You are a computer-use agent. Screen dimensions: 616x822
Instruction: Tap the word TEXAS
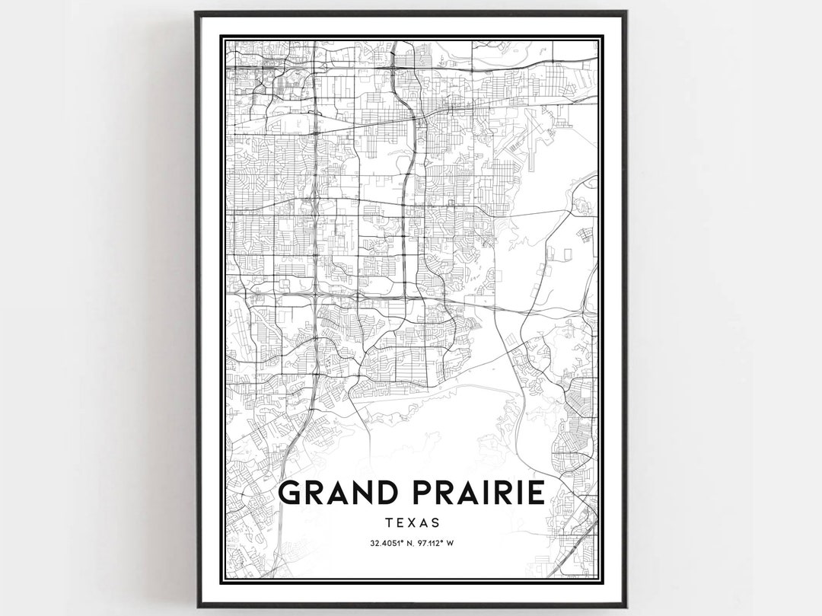pos(412,523)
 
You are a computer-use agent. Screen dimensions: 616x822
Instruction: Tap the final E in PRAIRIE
pos(534,493)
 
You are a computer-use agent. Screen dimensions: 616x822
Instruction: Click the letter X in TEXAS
pos(412,523)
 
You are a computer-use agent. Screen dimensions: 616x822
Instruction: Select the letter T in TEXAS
pos(389,523)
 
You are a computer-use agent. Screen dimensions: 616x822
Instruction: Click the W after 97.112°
pos(450,543)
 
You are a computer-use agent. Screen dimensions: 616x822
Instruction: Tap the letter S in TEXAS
pos(435,523)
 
